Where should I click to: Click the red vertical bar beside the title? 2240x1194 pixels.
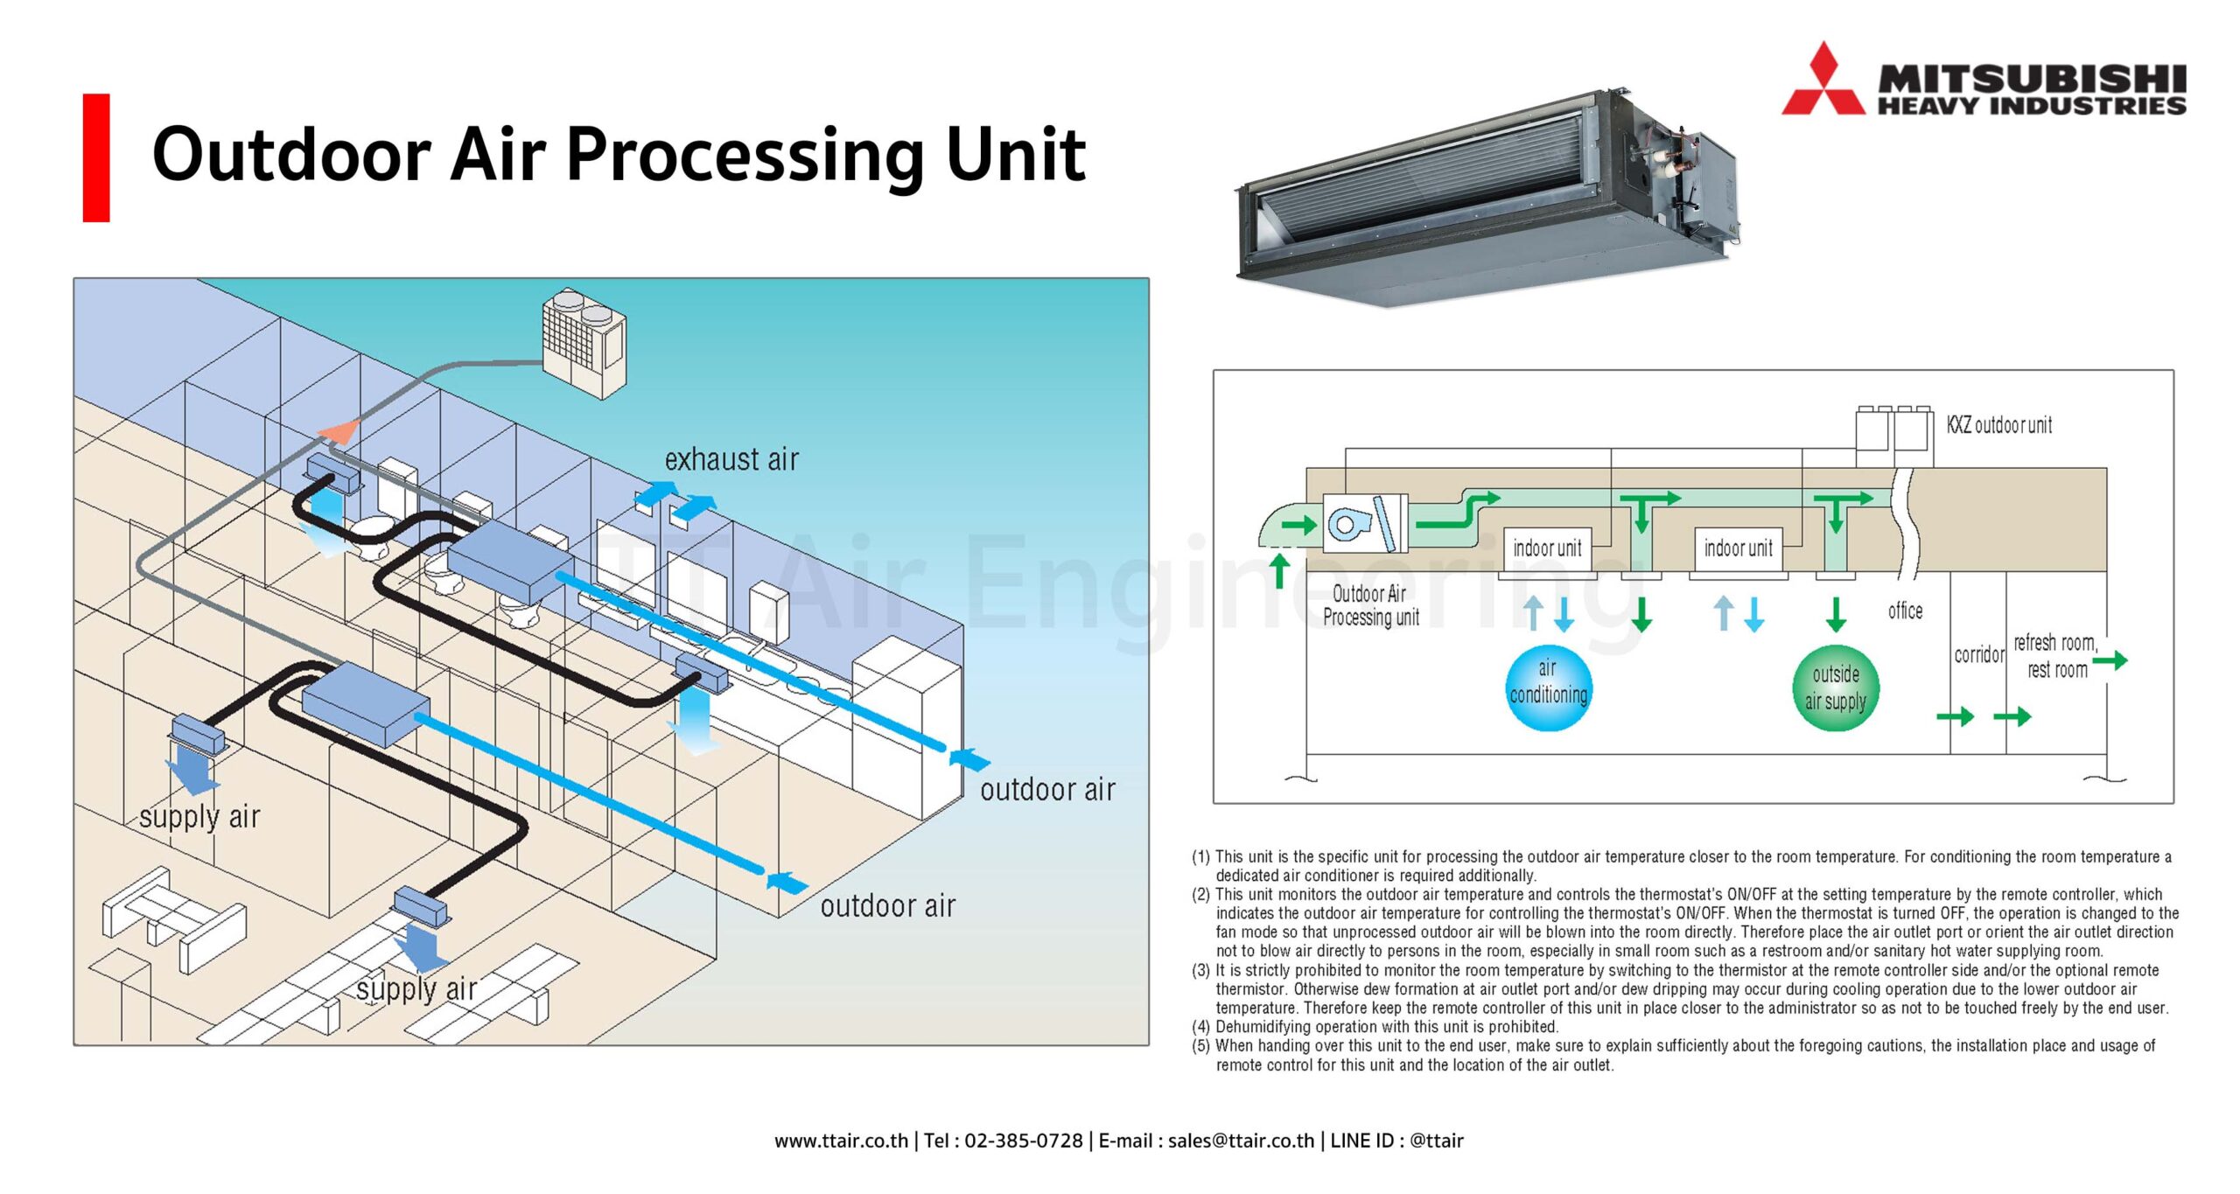[96, 157]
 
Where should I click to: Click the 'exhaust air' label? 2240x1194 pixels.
[731, 459]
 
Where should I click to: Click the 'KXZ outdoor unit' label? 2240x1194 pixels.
[1998, 425]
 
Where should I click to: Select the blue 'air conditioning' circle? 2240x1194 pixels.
[1548, 687]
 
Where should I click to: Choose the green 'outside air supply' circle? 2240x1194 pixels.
[1835, 688]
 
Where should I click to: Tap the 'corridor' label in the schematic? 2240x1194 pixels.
[1978, 654]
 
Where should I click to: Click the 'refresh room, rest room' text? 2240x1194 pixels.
[2055, 656]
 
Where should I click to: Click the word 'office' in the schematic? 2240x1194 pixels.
[1905, 611]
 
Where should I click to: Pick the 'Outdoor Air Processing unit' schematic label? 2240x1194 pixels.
[1370, 605]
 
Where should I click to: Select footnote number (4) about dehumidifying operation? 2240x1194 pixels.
[1386, 1027]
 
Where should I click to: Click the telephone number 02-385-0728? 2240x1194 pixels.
[1023, 1141]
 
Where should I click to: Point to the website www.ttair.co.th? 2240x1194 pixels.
[841, 1141]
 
